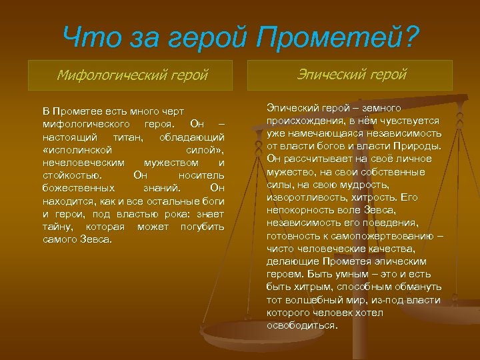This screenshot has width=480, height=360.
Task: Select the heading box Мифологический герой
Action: [132, 75]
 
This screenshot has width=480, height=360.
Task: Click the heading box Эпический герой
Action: [349, 75]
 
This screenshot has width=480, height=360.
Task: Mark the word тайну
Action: [57, 227]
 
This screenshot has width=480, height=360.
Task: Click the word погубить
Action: [203, 227]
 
